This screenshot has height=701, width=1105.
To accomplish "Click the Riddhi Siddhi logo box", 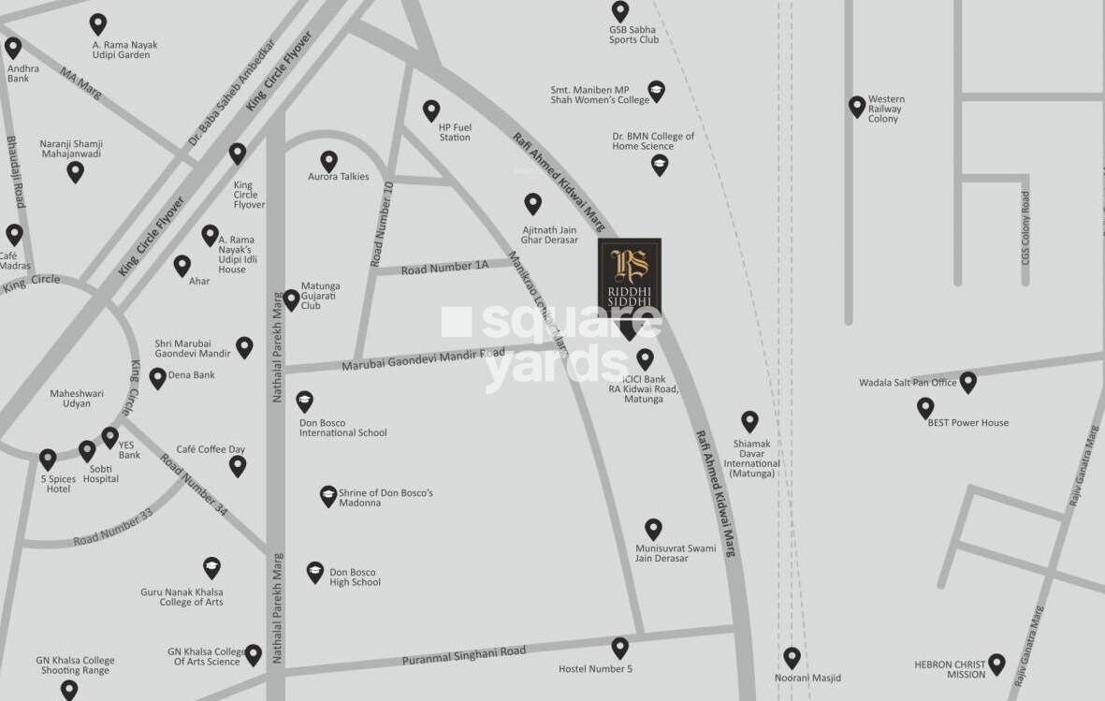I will (x=630, y=277).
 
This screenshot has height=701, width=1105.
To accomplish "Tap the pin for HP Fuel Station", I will (x=431, y=110).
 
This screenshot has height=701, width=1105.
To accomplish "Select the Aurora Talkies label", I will (x=339, y=177).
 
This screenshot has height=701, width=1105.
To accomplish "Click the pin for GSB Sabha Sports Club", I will (x=620, y=11).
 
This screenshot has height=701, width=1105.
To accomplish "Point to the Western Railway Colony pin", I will (x=856, y=107).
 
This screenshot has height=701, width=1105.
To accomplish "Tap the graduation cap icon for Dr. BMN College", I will (x=660, y=166).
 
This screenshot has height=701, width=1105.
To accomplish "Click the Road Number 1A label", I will (x=444, y=268).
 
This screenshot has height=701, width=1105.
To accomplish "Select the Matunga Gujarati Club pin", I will (x=292, y=299).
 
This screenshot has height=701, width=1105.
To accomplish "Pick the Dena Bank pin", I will (x=158, y=378).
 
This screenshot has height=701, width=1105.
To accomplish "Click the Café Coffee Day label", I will (x=211, y=449).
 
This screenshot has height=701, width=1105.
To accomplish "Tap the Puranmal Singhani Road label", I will (x=464, y=655).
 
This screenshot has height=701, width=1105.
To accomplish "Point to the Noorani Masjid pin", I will (x=792, y=658).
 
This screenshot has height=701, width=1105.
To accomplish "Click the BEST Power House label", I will (x=967, y=423).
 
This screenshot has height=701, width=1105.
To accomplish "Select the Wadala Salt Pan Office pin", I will (x=968, y=382).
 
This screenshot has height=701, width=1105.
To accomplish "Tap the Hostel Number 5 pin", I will (x=619, y=648).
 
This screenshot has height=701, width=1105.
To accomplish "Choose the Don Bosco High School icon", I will (x=315, y=573).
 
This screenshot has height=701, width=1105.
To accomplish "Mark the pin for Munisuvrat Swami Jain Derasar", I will (x=653, y=530).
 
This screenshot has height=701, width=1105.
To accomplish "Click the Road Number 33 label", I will (x=113, y=527).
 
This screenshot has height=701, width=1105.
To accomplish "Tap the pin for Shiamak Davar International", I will (x=749, y=421).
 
